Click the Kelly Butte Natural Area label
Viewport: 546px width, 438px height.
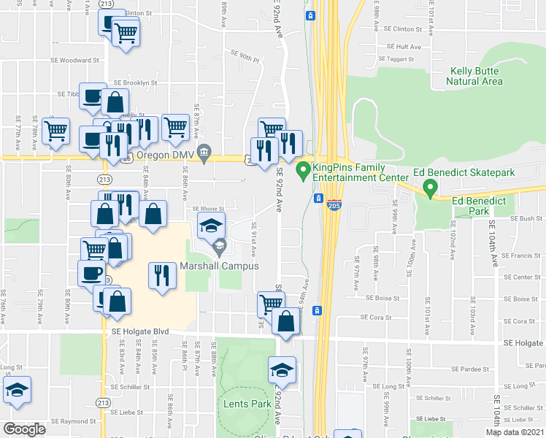[x=474, y=76]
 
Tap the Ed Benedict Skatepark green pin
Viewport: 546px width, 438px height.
[x=430, y=190]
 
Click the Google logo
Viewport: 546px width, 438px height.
[x=24, y=429]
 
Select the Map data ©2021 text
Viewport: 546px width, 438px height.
[x=514, y=432]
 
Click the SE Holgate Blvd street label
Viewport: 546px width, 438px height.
[x=141, y=331]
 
